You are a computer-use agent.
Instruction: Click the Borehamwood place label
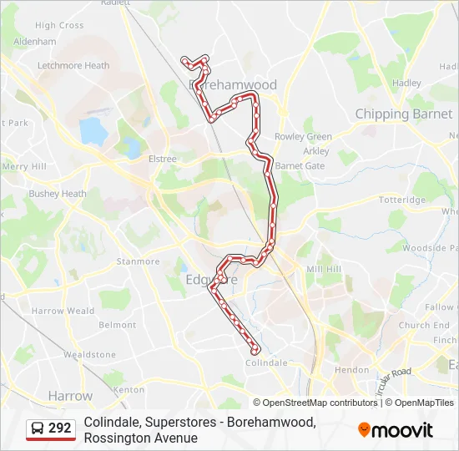(235, 85)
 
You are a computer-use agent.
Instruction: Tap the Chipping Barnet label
(404, 114)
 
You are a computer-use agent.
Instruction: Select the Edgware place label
(211, 280)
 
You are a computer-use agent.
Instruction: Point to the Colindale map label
(266, 362)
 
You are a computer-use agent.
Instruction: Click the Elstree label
(162, 159)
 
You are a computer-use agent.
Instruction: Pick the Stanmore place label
(138, 261)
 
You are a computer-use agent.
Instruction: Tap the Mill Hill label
(324, 269)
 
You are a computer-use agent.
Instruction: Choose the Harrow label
(71, 395)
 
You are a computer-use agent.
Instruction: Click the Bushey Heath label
(58, 194)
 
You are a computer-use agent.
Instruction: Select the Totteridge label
(402, 200)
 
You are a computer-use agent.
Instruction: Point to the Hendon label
(351, 369)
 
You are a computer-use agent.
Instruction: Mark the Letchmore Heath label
(73, 65)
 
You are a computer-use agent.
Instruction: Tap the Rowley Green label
(303, 137)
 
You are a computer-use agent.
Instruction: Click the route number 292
(60, 428)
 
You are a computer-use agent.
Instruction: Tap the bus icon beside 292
(38, 428)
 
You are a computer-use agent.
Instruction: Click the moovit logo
(396, 430)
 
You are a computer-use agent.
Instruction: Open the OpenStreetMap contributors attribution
(316, 403)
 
